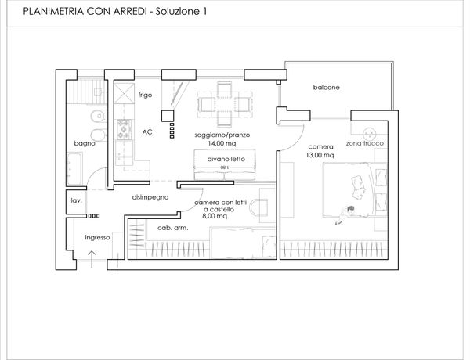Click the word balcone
coord(326,88)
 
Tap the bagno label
coord(85,143)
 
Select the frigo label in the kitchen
coord(145,95)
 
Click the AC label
coord(147,132)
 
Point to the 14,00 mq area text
coord(222,143)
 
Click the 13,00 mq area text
coord(320,155)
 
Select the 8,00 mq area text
coord(215,216)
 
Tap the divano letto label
coord(226,159)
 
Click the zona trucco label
coord(365,143)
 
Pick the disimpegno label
coord(150,197)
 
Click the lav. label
coord(76,200)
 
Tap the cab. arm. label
coord(173,228)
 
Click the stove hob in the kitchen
coord(124,129)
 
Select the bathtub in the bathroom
coord(74,169)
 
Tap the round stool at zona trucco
coord(369,134)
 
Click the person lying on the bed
coord(345,214)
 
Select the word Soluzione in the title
coord(178,12)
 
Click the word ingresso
coord(97,238)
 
